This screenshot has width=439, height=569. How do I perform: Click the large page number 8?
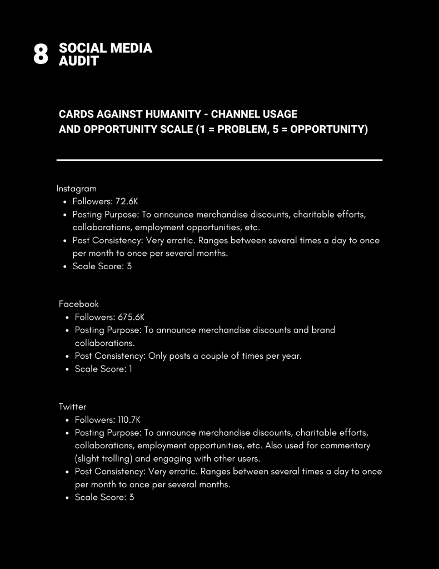point(41,55)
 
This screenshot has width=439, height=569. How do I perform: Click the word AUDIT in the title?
point(78,61)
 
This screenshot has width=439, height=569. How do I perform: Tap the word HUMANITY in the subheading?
point(174,114)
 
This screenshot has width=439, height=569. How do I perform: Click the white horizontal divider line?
point(219,160)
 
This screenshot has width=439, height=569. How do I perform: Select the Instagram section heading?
point(76,189)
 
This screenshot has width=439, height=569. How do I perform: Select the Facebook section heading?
point(79,304)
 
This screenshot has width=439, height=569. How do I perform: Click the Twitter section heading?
point(73,407)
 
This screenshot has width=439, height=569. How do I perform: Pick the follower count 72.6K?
point(127,201)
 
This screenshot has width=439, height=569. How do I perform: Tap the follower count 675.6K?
point(131,317)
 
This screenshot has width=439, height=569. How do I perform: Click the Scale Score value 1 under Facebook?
point(131,369)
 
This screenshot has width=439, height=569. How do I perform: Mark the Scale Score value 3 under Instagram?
point(129,266)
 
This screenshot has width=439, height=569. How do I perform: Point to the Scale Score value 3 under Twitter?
point(131,497)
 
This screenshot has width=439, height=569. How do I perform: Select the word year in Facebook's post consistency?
point(291,356)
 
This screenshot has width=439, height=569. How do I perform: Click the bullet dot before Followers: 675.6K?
point(67,318)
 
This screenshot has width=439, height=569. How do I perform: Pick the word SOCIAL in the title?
point(82,48)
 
